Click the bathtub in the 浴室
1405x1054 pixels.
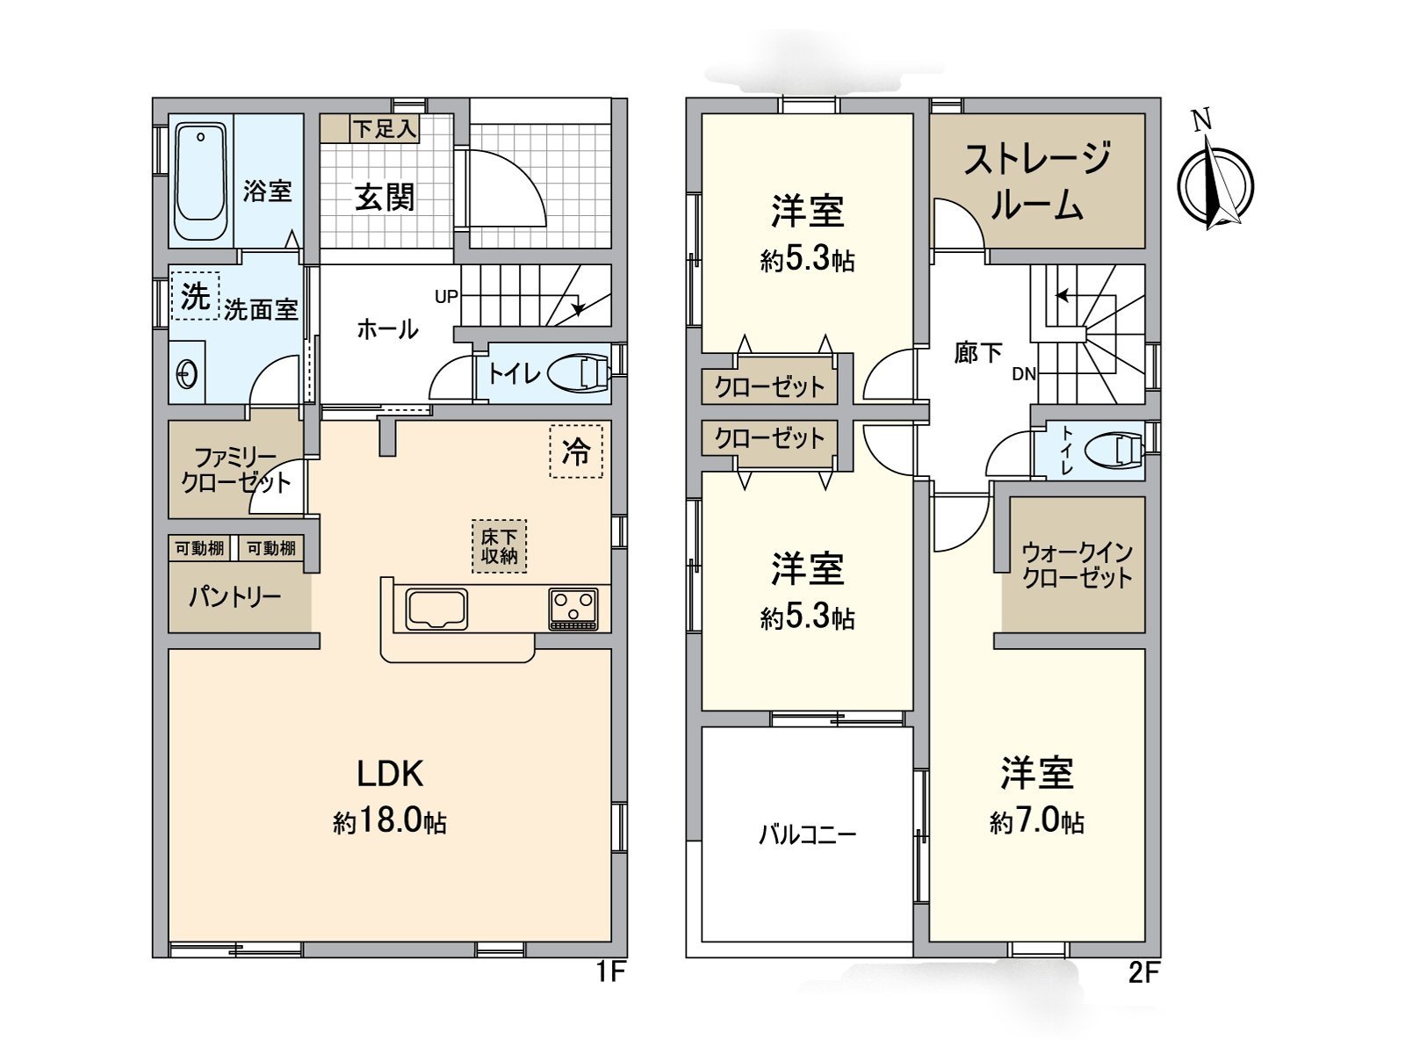click(201, 181)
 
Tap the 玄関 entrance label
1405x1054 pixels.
click(385, 198)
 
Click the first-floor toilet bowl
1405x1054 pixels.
click(580, 373)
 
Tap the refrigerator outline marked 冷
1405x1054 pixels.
click(576, 451)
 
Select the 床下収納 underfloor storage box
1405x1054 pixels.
click(499, 545)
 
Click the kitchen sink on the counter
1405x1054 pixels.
click(436, 609)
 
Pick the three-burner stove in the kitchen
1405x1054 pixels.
click(573, 609)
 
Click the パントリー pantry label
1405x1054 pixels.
click(234, 597)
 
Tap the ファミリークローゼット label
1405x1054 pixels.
click(235, 470)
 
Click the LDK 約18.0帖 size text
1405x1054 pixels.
click(390, 822)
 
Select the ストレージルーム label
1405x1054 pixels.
click(1037, 182)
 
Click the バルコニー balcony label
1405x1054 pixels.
click(807, 834)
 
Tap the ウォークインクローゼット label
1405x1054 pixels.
click(1077, 565)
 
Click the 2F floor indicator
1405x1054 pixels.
click(1143, 972)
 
